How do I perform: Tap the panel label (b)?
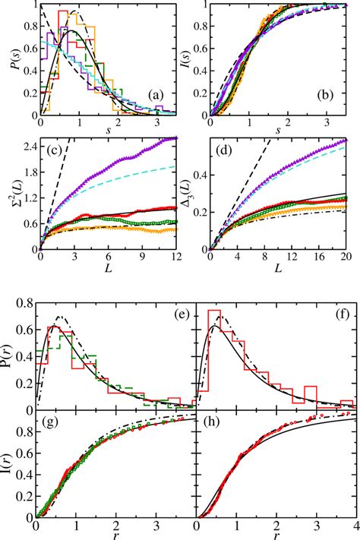[x=329, y=95]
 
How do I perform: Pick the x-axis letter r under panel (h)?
[x=277, y=535]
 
